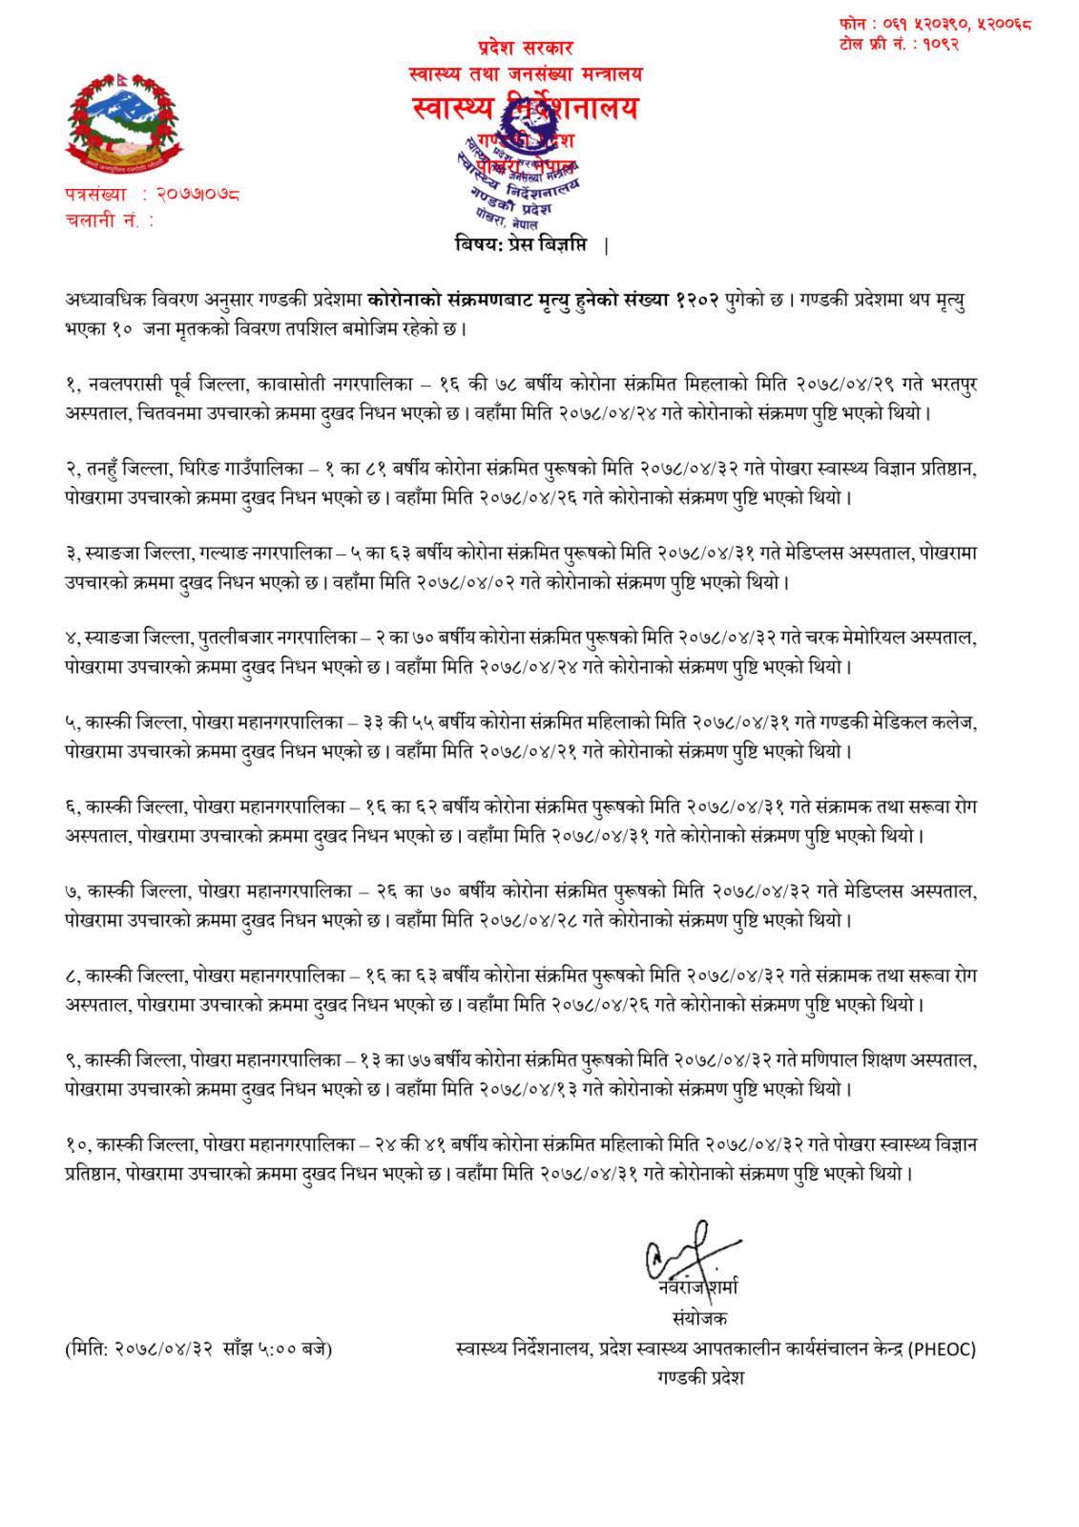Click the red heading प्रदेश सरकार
point(526,48)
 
